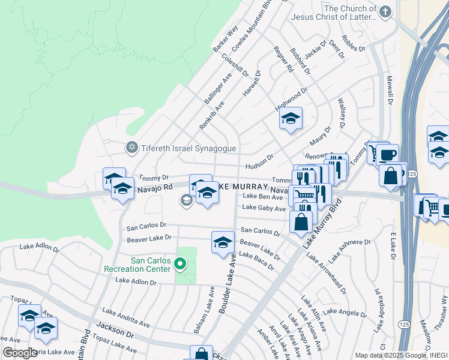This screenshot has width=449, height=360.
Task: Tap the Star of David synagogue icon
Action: point(131,147)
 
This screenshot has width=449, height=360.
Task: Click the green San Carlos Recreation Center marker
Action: point(179,263)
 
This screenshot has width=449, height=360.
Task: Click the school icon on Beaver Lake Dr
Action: point(223,242)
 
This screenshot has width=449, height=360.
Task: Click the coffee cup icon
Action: point(387,154)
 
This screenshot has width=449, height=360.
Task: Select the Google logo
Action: point(20,353)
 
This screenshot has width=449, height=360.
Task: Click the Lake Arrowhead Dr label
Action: point(327,273)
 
